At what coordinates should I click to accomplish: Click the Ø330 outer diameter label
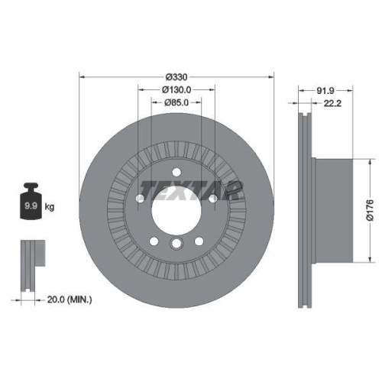(176, 76)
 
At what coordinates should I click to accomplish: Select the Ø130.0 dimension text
(176, 89)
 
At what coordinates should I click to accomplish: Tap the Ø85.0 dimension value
(176, 103)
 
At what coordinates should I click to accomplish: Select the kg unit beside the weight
(50, 207)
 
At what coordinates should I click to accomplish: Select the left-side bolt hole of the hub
(141, 200)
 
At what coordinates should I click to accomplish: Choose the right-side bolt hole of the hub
(212, 200)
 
